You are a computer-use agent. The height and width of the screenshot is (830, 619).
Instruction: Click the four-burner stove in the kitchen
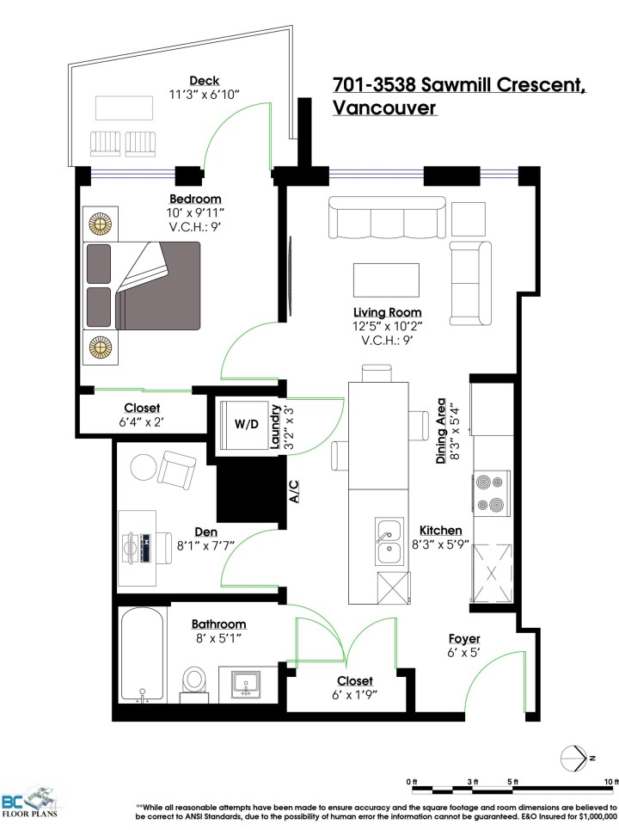pos(493,494)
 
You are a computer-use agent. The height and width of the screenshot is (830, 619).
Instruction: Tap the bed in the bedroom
pos(142,284)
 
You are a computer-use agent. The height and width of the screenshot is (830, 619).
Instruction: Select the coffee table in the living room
pos(387,279)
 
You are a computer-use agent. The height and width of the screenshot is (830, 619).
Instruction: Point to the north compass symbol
pos(573,757)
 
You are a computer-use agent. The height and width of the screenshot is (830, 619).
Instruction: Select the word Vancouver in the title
pos(383,108)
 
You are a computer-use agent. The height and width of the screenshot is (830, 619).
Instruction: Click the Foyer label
pos(464,639)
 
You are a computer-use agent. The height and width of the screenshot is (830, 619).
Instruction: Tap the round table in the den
pos(144,467)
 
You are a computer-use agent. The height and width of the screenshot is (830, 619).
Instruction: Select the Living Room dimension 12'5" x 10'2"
pos(387,326)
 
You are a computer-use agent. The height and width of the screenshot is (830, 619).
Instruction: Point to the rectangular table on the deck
pos(125,108)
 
